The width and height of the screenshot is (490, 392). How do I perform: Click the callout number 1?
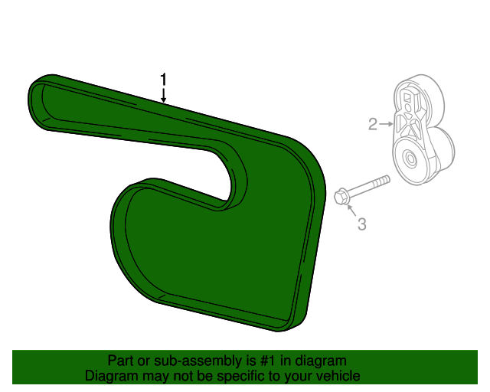point(163,80)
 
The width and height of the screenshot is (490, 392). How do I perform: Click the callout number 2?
point(373,124)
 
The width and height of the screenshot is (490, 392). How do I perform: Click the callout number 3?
point(361,224)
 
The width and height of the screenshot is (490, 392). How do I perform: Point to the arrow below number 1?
point(163,95)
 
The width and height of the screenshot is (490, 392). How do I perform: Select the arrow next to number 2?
point(386,124)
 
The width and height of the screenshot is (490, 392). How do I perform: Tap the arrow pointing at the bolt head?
point(352,210)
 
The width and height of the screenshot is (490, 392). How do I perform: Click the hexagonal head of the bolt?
point(341,196)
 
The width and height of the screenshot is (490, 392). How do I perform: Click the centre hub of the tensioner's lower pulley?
point(410,159)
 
